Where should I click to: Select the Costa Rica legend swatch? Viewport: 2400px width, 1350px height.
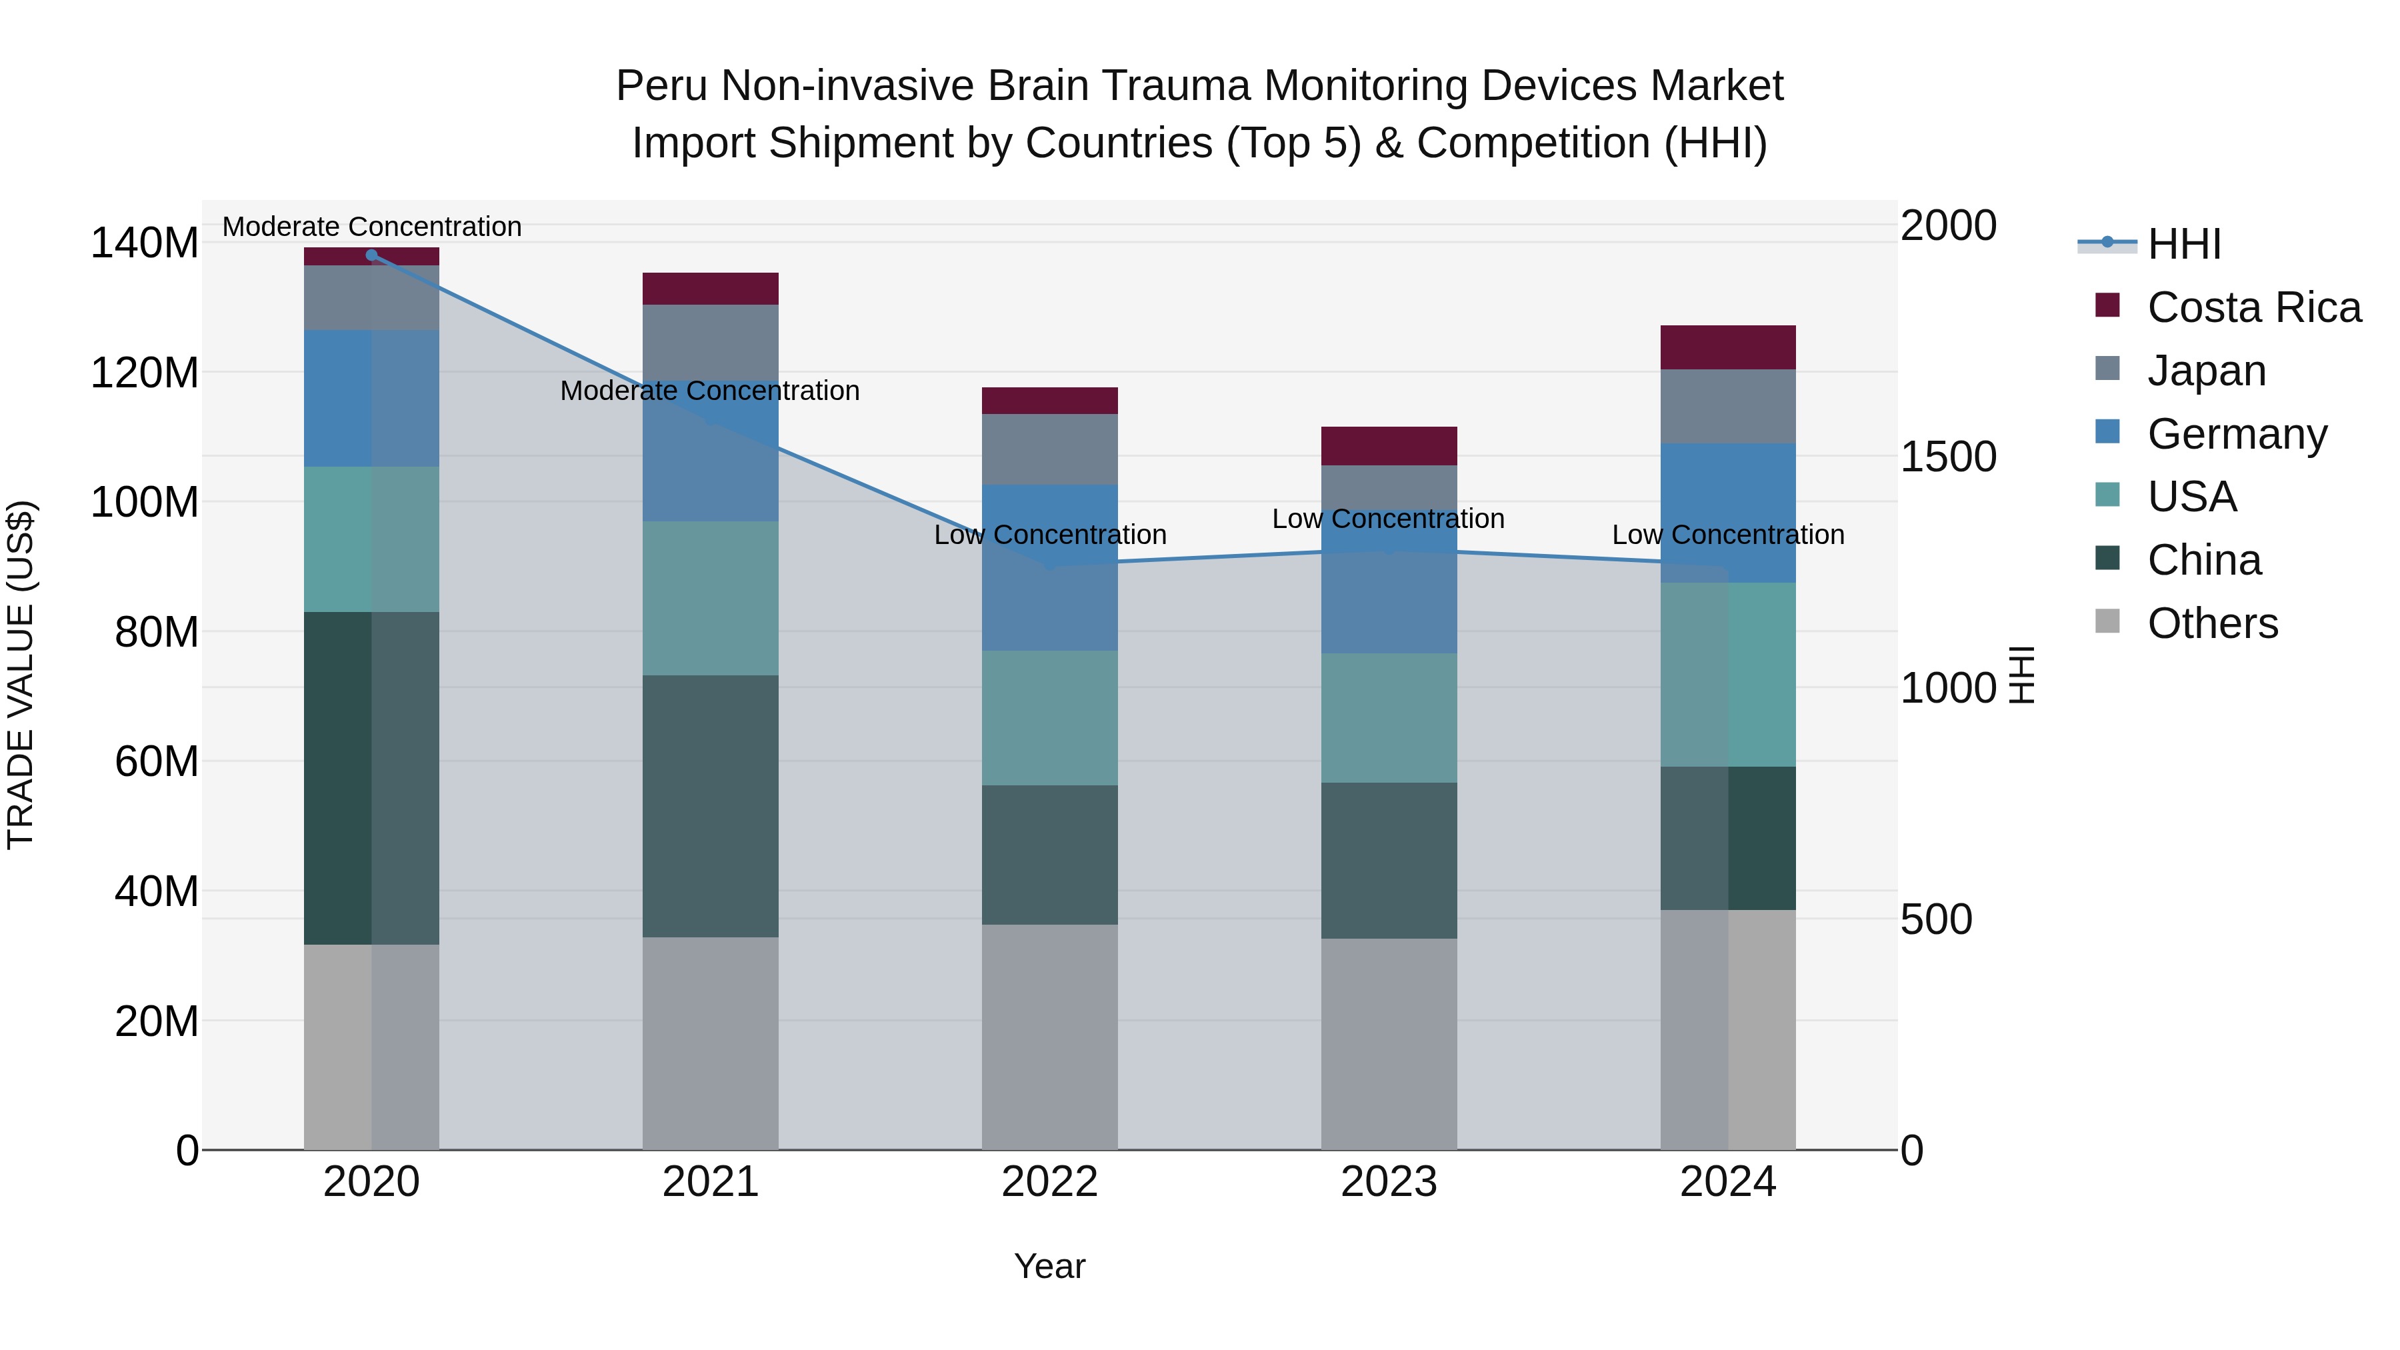pyautogui.click(x=2107, y=305)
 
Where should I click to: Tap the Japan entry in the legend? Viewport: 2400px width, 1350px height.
pyautogui.click(x=2206, y=370)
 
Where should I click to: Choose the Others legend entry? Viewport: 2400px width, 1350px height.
pyautogui.click(x=2212, y=623)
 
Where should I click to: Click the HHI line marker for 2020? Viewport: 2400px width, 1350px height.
pyautogui.click(x=372, y=255)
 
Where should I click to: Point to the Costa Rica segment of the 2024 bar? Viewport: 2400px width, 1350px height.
pyautogui.click(x=1727, y=347)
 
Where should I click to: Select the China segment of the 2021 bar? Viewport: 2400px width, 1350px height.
pyautogui.click(x=710, y=806)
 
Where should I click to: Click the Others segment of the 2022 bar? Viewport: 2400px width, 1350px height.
pyautogui.click(x=1049, y=1036)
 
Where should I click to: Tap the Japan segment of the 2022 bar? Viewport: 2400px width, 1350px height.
pyautogui.click(x=1049, y=449)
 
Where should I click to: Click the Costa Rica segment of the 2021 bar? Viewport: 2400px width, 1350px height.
pyautogui.click(x=710, y=289)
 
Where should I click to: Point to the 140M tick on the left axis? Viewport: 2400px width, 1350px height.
pyautogui.click(x=145, y=243)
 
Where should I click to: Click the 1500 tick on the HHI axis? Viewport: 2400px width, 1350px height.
pyautogui.click(x=1947, y=457)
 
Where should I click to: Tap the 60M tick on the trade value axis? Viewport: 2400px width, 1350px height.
pyautogui.click(x=157, y=761)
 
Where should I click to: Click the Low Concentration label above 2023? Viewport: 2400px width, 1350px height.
pyautogui.click(x=1387, y=519)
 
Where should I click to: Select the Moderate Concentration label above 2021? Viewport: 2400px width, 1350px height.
pyautogui.click(x=709, y=391)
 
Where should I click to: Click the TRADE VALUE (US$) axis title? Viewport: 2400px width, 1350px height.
pyautogui.click(x=21, y=675)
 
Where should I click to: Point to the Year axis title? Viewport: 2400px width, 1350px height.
pyautogui.click(x=1049, y=1266)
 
